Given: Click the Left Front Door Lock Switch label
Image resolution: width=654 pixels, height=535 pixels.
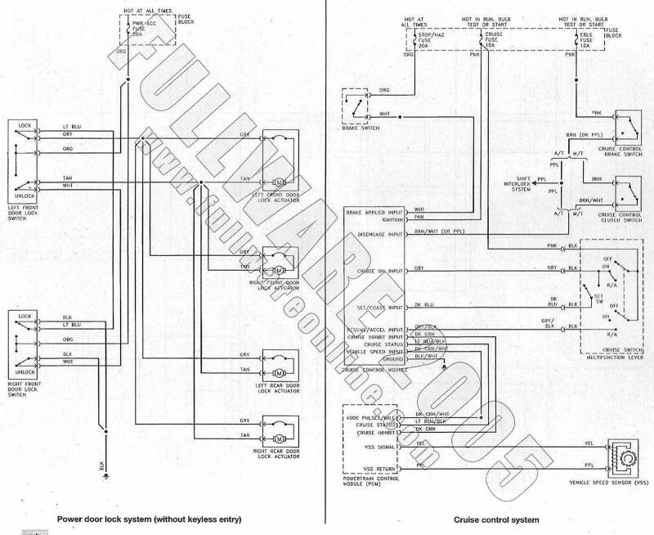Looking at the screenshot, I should tap(27, 206).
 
